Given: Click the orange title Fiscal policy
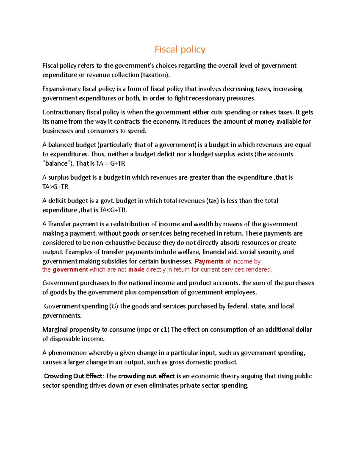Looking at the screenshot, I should click(x=180, y=49).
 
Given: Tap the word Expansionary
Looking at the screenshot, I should click(x=61, y=89).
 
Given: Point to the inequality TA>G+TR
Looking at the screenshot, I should click(x=55, y=187).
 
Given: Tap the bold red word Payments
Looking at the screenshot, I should click(x=209, y=261).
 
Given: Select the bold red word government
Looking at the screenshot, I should click(x=70, y=269).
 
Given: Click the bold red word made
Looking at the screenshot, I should click(x=136, y=269).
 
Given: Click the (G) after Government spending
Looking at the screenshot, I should click(x=114, y=306).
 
